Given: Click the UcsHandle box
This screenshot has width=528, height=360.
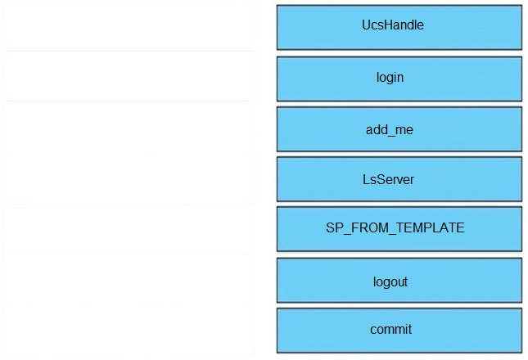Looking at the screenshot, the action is point(399,27).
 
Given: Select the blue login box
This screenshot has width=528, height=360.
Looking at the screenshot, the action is point(399,79).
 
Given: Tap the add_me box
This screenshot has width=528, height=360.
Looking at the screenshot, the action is point(399,129).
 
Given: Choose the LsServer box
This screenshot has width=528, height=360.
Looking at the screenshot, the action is point(399,179).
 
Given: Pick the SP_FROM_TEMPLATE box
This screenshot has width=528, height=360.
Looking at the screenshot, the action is point(399,229).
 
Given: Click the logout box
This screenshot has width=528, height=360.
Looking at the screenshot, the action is point(399,281).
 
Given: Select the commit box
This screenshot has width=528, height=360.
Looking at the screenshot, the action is point(399,331).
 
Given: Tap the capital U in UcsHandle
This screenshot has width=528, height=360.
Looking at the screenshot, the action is point(366,25).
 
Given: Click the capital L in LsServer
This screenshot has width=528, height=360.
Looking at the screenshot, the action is point(366,179).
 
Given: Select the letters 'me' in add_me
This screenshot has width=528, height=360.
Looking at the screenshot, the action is point(405,130).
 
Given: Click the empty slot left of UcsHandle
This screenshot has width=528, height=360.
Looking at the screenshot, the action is point(129,26).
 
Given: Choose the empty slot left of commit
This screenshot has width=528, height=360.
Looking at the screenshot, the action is point(129,330).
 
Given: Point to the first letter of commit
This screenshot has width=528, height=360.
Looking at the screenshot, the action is point(373,330).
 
